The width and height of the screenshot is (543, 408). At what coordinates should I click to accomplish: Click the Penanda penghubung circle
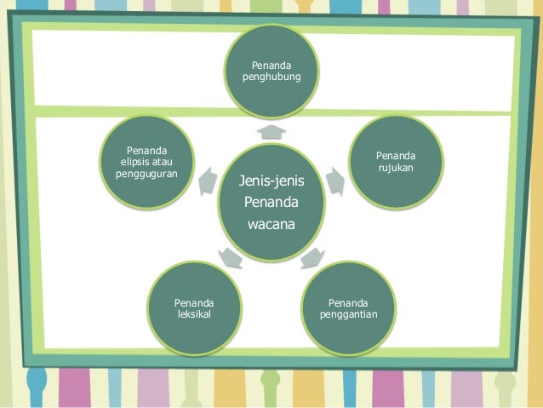point(271,73)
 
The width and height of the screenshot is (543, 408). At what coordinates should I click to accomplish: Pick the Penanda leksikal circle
point(194,309)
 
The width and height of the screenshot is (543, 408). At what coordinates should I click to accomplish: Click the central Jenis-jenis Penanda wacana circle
point(271,203)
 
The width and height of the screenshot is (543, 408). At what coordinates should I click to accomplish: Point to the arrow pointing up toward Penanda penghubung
point(271,130)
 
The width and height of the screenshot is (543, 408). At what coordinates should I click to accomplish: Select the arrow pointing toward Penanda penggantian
point(312,256)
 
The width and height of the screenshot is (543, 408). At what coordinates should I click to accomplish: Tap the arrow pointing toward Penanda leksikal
point(231,256)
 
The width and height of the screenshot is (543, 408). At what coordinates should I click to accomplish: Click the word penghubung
point(271,78)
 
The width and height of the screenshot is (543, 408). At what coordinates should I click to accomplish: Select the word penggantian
point(349,315)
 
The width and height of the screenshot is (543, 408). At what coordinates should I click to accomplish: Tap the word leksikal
point(194,315)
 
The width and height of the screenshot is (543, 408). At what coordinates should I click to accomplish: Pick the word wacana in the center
point(271,225)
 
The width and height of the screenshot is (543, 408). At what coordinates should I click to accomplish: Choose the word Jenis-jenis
point(271,181)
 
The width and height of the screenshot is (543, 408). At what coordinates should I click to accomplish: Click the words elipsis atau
point(146,163)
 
